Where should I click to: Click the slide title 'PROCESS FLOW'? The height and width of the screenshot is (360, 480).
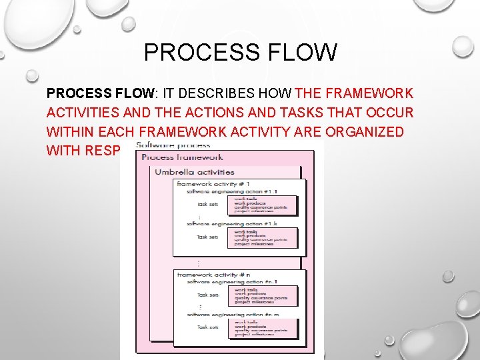[x=240, y=52]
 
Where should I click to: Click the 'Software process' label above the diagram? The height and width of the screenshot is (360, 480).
[x=173, y=145]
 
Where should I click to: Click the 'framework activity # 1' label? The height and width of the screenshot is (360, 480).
[x=213, y=184]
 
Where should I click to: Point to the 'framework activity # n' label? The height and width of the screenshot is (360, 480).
[x=213, y=274]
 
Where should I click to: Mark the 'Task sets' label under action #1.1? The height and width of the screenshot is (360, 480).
[x=207, y=205]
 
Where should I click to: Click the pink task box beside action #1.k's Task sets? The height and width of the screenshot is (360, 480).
[x=262, y=237]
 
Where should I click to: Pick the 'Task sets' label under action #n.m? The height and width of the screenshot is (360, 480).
[x=207, y=327]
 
